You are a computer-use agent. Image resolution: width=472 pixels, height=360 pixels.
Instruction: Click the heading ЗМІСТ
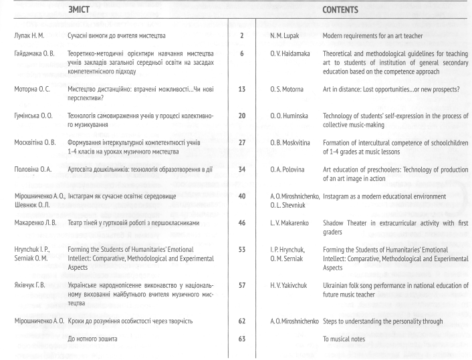click(80, 11)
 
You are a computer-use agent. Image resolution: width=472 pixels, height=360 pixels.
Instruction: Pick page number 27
click(241, 142)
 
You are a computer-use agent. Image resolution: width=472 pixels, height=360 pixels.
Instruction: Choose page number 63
click(241, 339)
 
